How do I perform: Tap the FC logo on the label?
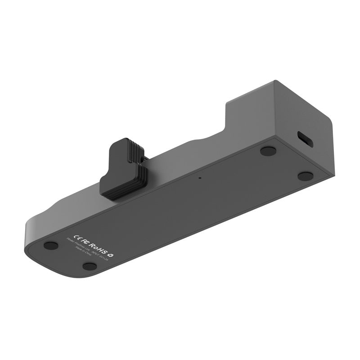[x=85, y=238]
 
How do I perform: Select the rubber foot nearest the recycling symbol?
[x=90, y=266]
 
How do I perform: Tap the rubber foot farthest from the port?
[x=51, y=246]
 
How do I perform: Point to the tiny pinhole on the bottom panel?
[x=200, y=176]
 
